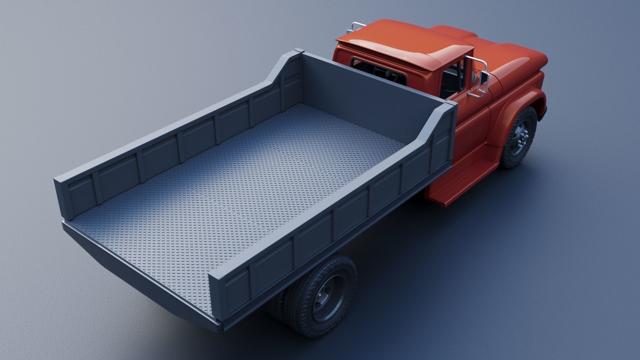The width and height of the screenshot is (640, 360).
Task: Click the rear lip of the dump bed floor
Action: point(133,267)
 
